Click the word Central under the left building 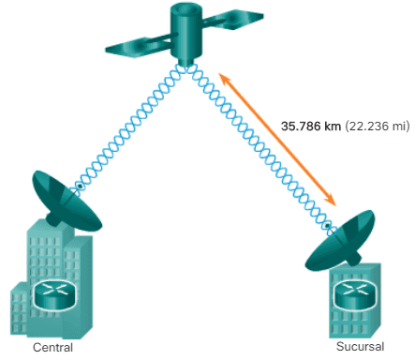point(52,347)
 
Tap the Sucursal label point(360,346)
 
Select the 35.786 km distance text point(311,126)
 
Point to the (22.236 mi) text point(377,127)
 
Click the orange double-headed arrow point(277,140)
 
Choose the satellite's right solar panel point(232,20)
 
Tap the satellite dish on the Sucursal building point(341,241)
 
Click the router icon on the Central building point(55,294)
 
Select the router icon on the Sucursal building point(354,294)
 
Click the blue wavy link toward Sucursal point(259,147)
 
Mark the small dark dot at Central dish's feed point(81,187)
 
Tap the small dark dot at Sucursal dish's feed point(327,225)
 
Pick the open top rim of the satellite point(186,10)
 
